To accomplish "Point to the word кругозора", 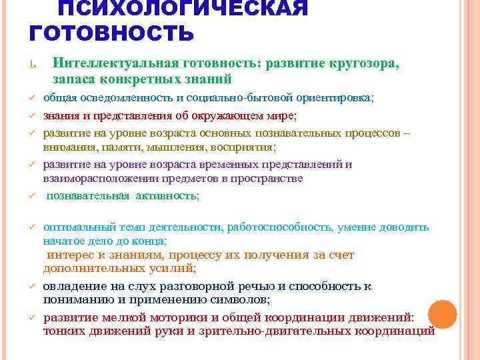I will [363, 63].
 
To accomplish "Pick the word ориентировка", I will [331, 97].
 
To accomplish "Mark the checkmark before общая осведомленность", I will [31, 98].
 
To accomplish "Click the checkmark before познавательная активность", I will [31, 196].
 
